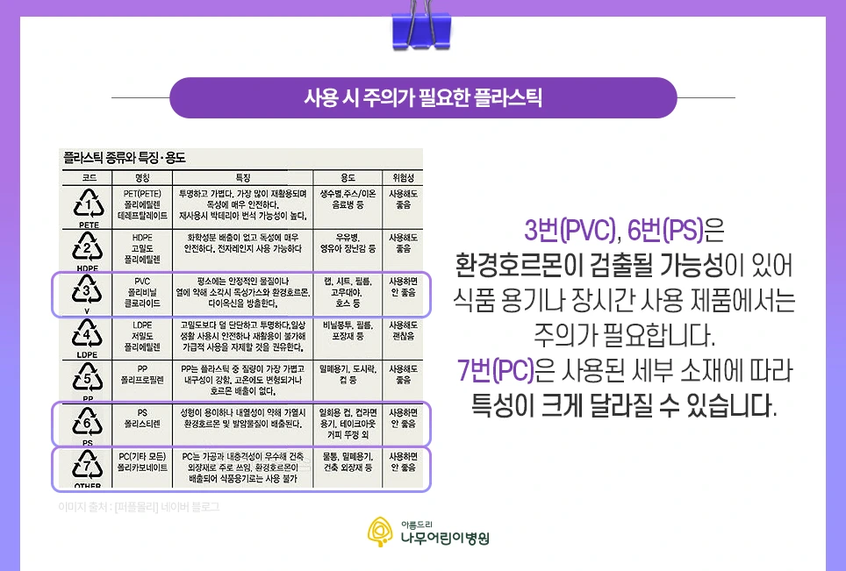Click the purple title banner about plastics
(x=422, y=97)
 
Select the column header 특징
(x=242, y=176)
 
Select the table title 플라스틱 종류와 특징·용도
(x=124, y=158)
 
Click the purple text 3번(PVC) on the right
(x=570, y=232)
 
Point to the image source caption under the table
(x=138, y=507)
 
